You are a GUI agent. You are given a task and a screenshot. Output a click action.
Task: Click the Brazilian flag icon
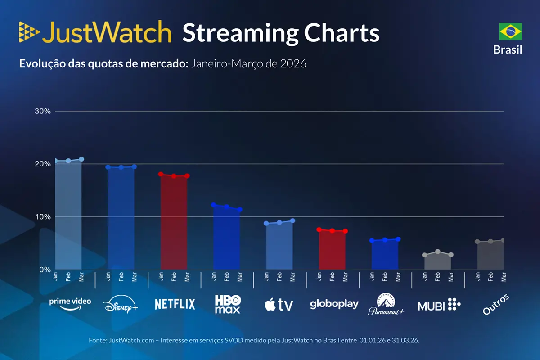pyautogui.click(x=510, y=31)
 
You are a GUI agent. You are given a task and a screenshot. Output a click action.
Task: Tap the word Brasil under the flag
pyautogui.click(x=508, y=49)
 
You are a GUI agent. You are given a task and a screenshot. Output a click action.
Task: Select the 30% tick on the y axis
pyautogui.click(x=43, y=111)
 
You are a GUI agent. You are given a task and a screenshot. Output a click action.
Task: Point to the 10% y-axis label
pyautogui.click(x=43, y=217)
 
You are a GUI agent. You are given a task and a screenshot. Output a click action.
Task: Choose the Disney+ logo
pyautogui.click(x=121, y=305)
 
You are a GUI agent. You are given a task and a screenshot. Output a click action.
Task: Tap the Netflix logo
pyautogui.click(x=175, y=304)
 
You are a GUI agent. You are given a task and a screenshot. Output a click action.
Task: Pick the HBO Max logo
pyautogui.click(x=228, y=304)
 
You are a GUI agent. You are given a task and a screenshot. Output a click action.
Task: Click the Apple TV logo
pyautogui.click(x=279, y=305)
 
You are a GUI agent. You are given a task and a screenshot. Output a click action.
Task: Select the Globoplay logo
pyautogui.click(x=334, y=304)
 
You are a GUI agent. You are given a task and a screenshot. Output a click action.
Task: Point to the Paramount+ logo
pyautogui.click(x=386, y=304)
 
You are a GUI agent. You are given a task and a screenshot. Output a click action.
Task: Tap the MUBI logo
pyautogui.click(x=439, y=306)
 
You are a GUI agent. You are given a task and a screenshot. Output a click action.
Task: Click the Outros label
pyautogui.click(x=495, y=305)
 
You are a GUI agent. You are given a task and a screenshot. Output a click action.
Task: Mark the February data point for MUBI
pyautogui.click(x=438, y=252)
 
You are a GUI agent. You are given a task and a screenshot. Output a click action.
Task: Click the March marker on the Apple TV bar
pyautogui.click(x=292, y=220)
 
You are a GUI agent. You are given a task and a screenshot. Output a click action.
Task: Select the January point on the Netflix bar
pyautogui.click(x=161, y=174)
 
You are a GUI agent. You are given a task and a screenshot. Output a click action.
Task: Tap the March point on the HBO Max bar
pyautogui.click(x=240, y=210)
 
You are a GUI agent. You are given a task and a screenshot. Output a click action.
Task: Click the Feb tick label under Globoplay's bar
pyautogui.click(x=332, y=276)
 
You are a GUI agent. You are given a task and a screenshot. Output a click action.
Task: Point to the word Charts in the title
pyautogui.click(x=342, y=33)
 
